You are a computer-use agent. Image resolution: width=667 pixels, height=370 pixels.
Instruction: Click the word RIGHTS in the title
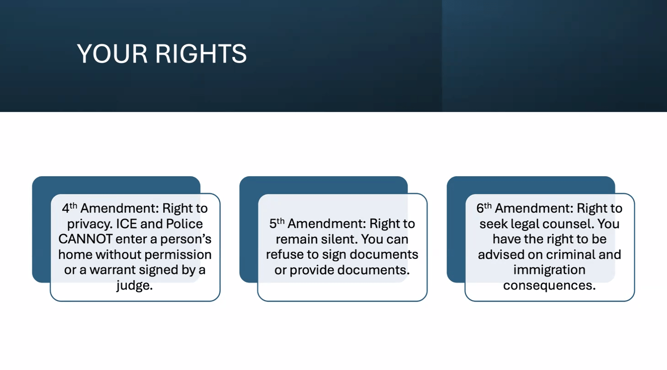click(x=201, y=54)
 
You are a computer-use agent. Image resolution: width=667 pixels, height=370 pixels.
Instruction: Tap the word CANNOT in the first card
click(x=85, y=239)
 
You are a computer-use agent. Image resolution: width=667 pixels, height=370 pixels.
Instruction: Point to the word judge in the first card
click(x=135, y=286)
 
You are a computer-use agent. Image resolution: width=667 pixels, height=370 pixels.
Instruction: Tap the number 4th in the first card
click(x=70, y=208)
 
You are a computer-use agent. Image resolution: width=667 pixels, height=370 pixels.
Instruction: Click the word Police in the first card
click(x=185, y=224)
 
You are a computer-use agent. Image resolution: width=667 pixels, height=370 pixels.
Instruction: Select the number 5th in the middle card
click(x=277, y=223)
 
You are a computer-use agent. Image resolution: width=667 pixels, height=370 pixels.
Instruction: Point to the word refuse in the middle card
click(x=283, y=255)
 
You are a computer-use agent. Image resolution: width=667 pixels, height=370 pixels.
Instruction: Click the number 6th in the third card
click(x=484, y=208)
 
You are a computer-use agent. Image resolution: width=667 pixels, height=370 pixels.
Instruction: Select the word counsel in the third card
click(x=570, y=224)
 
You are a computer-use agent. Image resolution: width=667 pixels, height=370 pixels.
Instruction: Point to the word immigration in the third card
click(x=549, y=270)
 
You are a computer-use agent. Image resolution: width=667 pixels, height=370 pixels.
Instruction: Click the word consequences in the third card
click(x=549, y=286)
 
